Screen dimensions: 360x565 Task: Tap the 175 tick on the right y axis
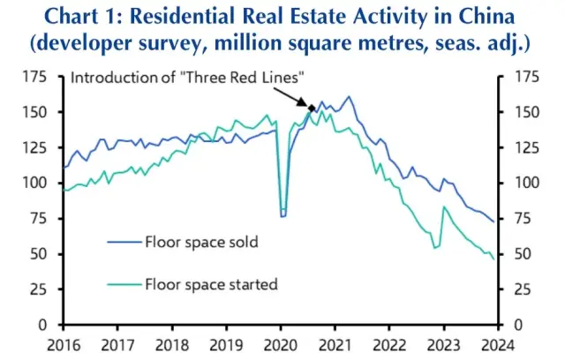[x=516, y=78]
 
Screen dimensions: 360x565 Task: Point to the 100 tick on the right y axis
[x=516, y=184]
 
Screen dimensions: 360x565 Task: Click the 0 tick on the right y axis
[x=510, y=325]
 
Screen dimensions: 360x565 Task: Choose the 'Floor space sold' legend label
[x=202, y=240]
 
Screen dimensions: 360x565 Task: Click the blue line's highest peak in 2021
[x=349, y=97]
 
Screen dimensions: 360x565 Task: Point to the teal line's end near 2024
[x=493, y=259]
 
